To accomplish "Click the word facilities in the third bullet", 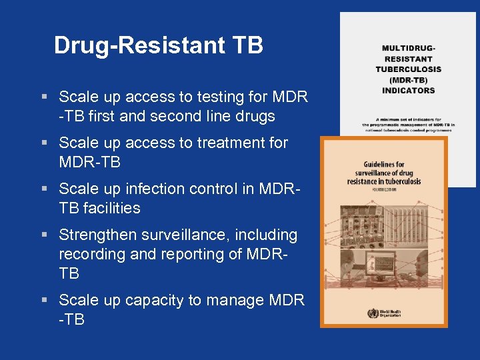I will point(111,208).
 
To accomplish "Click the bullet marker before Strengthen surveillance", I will point(44,235).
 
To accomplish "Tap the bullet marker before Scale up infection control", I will point(44,189).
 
